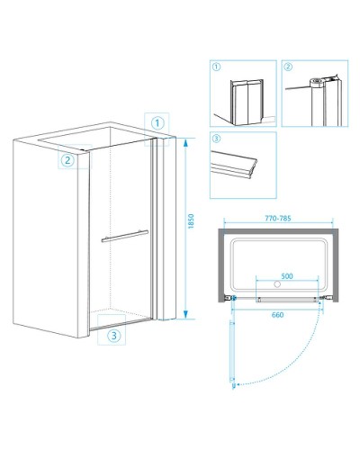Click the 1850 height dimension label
pos(191,221)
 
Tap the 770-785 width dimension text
pos(278,218)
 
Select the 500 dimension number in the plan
pos(287,276)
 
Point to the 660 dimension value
pos(277,315)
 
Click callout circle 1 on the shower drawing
pos(157,123)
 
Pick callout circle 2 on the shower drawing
pos(67,160)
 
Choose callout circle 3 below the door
pos(114,336)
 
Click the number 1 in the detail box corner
pos(216,67)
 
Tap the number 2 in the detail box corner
pos(288,67)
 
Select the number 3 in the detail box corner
pos(216,139)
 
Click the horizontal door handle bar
pos(125,236)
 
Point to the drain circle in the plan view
pos(277,283)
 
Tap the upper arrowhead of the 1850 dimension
pos(185,143)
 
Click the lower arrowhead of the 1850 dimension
pos(185,314)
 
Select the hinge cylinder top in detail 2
pos(315,81)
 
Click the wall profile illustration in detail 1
pos(247,103)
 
